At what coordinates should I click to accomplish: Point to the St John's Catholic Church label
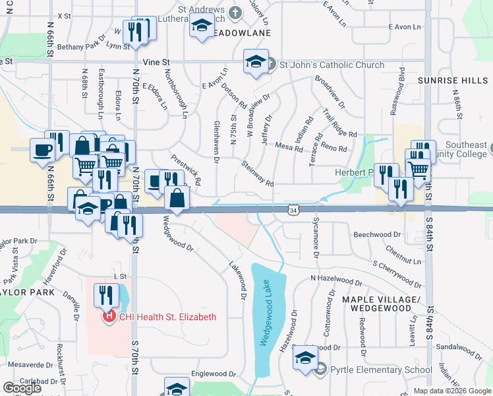click(x=332, y=65)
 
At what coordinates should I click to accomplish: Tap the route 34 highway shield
click(x=293, y=209)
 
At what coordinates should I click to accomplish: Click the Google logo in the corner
click(x=22, y=388)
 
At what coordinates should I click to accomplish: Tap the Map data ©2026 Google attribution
click(x=452, y=391)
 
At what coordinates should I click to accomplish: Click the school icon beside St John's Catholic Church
click(x=256, y=61)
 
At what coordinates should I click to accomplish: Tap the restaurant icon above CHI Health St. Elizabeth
click(x=105, y=294)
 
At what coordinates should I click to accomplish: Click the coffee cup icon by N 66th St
click(x=43, y=150)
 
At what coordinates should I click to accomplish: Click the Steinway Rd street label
click(x=258, y=174)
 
